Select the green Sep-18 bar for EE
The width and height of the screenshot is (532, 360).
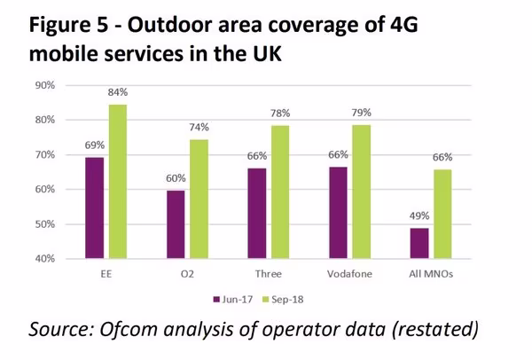coord(118,182)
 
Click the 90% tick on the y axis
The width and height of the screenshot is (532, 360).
coord(44,85)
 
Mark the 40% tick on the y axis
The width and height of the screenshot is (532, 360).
coord(44,259)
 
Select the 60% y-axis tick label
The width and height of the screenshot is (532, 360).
coord(44,190)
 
